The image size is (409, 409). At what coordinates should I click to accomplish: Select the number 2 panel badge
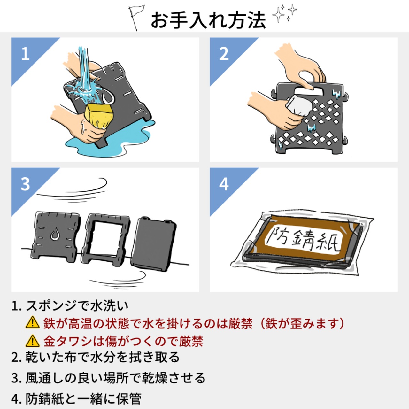224,53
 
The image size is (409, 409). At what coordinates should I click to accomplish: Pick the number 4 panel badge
224,184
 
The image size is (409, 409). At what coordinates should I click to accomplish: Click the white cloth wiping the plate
299,105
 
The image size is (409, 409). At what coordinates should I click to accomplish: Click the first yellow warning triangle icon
32,323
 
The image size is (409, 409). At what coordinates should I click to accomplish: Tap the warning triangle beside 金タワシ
32,341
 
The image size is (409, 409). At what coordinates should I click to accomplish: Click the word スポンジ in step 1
51,306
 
